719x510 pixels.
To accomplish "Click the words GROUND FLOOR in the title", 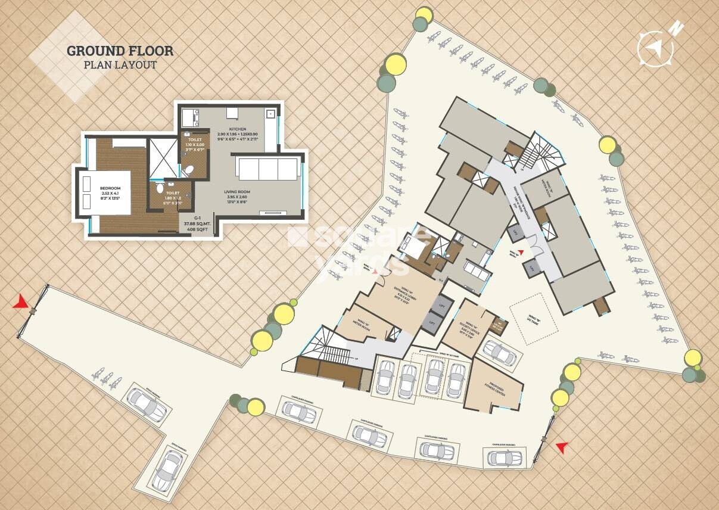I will point(120,51).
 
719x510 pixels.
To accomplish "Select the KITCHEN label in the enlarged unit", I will point(238,129).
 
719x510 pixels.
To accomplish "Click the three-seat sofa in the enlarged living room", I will point(268,169).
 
